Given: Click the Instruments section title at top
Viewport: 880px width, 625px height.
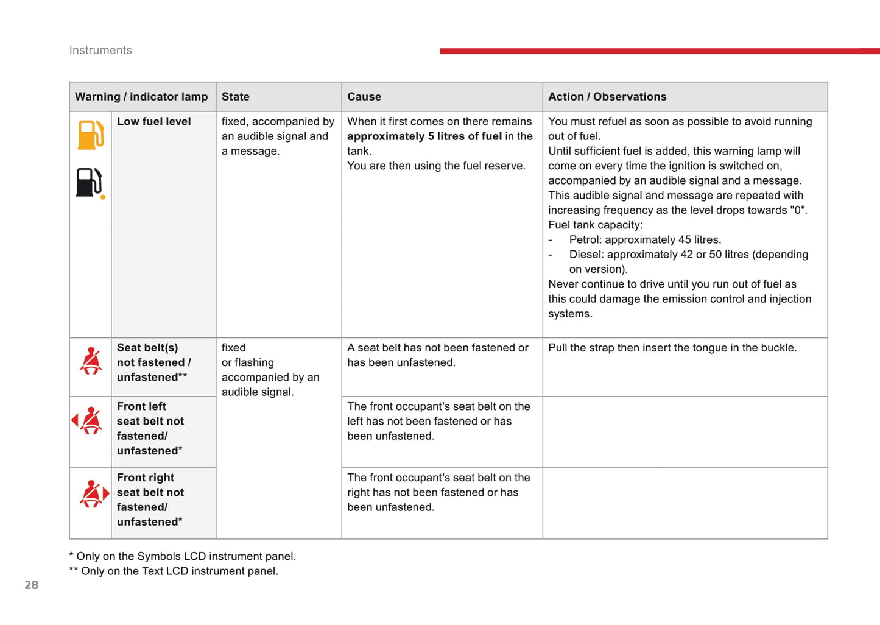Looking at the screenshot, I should pos(100,51).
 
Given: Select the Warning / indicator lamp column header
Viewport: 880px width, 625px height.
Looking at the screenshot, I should pos(141,97).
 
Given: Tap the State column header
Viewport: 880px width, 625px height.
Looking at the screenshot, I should pos(236,97).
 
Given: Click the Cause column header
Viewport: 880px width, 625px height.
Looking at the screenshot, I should pos(364,97).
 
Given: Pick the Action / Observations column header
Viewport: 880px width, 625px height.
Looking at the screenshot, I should pos(607,97).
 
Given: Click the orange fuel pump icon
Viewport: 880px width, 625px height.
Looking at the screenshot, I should pos(90,135).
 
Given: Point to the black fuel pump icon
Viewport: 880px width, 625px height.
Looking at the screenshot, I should pos(89,182).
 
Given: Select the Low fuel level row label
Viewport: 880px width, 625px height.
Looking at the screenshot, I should pos(153,122).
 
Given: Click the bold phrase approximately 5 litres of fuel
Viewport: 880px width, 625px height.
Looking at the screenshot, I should pos(424,136).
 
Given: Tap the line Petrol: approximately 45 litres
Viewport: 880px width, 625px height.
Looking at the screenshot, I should pos(645,240).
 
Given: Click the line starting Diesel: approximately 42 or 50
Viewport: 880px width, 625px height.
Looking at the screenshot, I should pos(688,255).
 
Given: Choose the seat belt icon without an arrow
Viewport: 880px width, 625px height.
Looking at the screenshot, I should pos(91,361).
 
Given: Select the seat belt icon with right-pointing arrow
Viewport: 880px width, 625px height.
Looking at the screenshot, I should pos(94,493).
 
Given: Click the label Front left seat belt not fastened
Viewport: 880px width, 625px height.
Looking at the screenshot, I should pos(150,428).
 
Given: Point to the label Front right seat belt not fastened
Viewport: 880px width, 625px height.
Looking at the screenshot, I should pos(150,500).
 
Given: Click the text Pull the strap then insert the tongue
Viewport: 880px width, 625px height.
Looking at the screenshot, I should pos(672,348).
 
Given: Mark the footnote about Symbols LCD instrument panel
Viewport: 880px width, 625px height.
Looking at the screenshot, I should pos(183,556).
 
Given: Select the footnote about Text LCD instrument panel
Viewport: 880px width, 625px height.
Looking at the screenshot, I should pos(174,571).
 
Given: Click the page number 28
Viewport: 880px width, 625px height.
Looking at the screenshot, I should pos(32,585).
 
